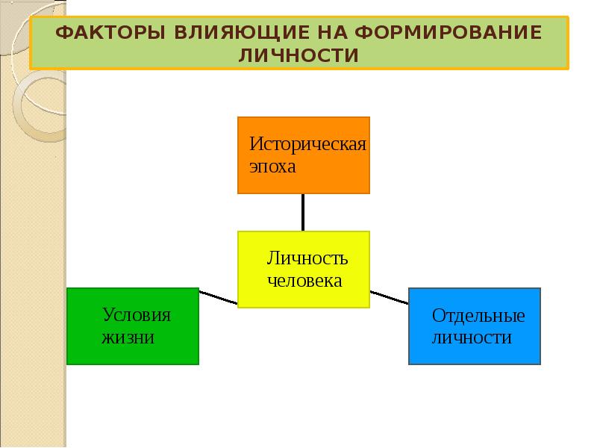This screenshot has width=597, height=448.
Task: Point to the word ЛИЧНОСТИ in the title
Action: (299, 55)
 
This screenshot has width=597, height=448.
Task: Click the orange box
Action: (303, 155)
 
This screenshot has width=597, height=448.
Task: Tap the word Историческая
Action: (307, 144)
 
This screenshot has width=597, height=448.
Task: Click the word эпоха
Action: (273, 166)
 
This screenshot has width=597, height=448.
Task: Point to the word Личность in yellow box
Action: (307, 258)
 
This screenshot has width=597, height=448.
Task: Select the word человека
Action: (304, 281)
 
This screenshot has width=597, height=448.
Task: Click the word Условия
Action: (137, 314)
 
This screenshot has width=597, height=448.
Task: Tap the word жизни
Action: (128, 337)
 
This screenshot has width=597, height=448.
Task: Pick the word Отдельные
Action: (478, 315)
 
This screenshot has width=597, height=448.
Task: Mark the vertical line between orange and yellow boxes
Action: (303, 212)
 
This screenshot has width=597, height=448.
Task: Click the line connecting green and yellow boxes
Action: (218, 297)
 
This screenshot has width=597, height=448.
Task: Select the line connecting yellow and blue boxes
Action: (389, 296)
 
